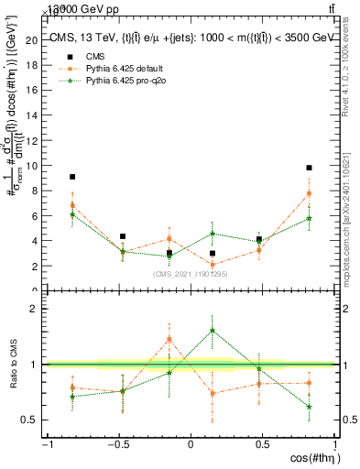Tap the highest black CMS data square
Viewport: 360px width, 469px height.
tap(310, 168)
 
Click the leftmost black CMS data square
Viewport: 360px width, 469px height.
tap(72, 177)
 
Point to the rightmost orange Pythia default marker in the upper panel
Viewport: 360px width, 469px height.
tap(310, 193)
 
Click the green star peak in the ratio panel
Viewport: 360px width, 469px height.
tap(213, 331)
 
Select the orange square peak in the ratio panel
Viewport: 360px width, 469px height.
tap(169, 339)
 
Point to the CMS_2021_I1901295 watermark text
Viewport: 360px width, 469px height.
tap(191, 273)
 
